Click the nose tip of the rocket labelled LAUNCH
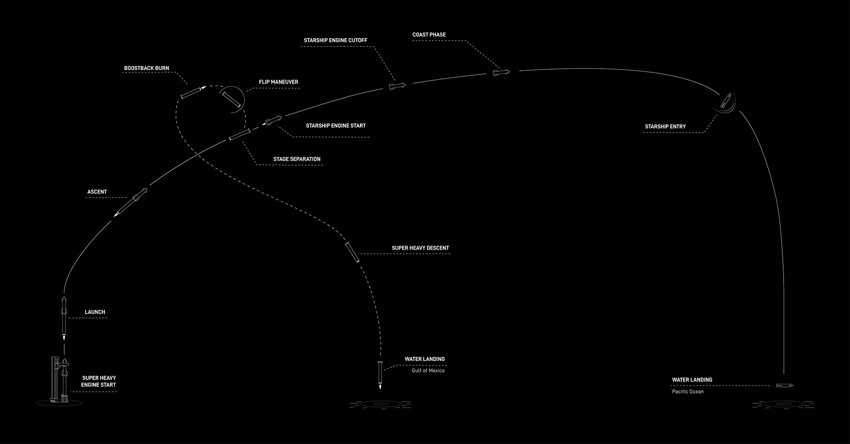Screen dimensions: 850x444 click(64, 297)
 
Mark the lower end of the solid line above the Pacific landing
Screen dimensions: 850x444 click(784, 375)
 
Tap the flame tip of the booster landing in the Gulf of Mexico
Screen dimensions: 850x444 click(380, 390)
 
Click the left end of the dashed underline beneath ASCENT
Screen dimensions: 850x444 click(85, 198)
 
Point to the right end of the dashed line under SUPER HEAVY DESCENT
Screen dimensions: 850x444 click(450, 254)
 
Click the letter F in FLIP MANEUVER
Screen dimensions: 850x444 click(261, 82)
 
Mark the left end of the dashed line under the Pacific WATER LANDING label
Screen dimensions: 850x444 click(672, 386)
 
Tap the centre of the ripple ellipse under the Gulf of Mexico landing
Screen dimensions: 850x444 click(380, 404)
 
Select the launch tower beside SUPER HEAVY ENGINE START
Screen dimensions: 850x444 click(54, 379)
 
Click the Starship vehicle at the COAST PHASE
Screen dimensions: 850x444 click(502, 72)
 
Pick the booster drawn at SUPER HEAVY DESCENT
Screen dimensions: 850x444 click(353, 252)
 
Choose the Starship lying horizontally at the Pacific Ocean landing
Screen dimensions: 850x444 click(784, 386)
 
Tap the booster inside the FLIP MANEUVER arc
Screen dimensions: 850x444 click(232, 100)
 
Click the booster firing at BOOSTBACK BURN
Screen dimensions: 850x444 click(193, 93)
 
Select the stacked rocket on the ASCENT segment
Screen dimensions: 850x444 click(131, 202)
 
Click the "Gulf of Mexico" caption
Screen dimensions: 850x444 click(428, 371)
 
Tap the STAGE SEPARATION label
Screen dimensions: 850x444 click(297, 159)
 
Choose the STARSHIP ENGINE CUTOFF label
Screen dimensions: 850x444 click(336, 40)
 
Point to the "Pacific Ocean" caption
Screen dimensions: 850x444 click(688, 392)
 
